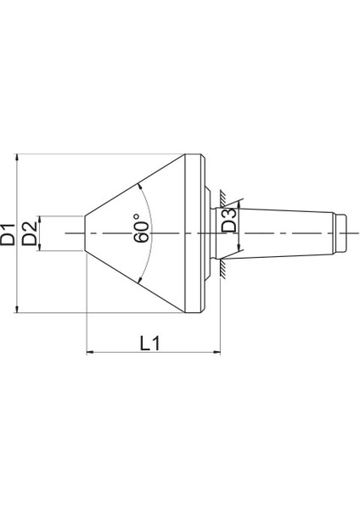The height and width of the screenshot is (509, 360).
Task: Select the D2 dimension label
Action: point(30,232)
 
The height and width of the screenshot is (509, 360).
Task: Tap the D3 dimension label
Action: point(229,222)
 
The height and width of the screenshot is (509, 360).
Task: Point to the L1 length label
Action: point(150,343)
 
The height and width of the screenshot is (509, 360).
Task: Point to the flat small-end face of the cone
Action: point(87,232)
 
